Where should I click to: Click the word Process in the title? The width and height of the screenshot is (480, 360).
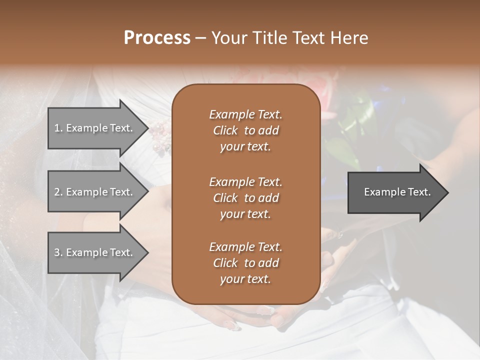pos(157,37)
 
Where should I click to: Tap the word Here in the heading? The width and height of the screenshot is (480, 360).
pos(349,37)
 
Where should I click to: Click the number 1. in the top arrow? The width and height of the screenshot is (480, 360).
pos(58,128)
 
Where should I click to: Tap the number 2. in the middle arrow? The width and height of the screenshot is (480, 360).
pos(58,192)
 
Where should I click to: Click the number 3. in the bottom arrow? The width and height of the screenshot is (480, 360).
pos(58,252)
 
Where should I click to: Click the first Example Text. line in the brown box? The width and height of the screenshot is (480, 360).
pos(245,114)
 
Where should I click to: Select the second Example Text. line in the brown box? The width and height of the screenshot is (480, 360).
pos(245,181)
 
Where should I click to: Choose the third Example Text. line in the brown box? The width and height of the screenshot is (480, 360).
pos(245,247)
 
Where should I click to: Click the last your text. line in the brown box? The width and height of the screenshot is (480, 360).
pos(245,279)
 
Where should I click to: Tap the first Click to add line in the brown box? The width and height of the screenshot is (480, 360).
pos(245,130)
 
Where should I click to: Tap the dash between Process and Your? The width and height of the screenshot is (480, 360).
pos(201,38)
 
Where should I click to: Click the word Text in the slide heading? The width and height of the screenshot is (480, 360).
pos(309,37)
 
